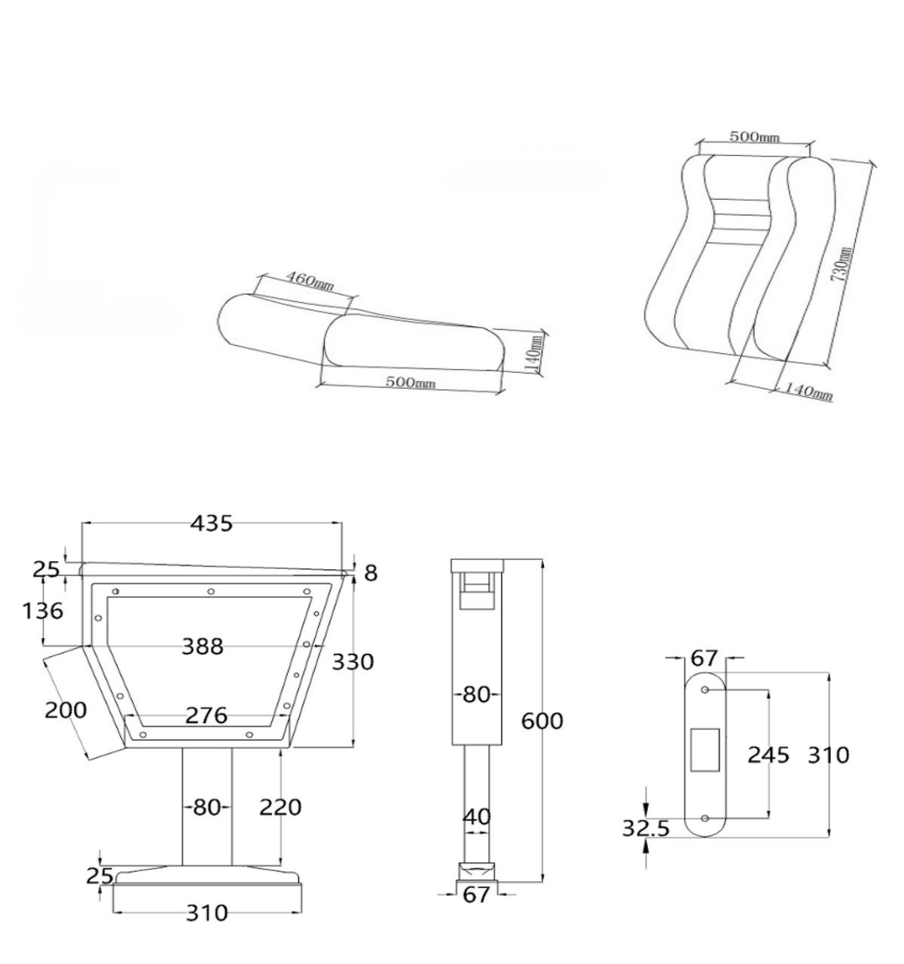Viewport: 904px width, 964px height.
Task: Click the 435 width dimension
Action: click(212, 523)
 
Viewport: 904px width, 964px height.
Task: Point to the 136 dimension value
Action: click(43, 611)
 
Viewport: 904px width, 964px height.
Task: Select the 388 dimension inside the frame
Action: click(203, 646)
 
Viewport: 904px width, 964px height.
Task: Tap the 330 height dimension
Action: click(353, 662)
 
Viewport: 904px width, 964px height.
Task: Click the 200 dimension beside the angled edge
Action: click(66, 711)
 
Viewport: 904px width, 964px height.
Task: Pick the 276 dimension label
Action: click(206, 715)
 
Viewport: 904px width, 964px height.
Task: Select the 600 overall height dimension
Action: click(542, 721)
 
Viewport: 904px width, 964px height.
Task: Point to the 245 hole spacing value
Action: click(768, 755)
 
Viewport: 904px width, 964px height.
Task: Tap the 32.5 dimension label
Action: click(646, 828)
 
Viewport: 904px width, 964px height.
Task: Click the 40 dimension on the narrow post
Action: click(478, 817)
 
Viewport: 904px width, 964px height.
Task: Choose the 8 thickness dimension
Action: click(371, 573)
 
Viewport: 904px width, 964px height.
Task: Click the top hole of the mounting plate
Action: click(705, 690)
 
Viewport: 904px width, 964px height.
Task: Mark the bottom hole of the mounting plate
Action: click(705, 819)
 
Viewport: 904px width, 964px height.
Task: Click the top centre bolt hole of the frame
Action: click(211, 591)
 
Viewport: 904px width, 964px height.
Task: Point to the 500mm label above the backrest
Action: click(754, 137)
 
